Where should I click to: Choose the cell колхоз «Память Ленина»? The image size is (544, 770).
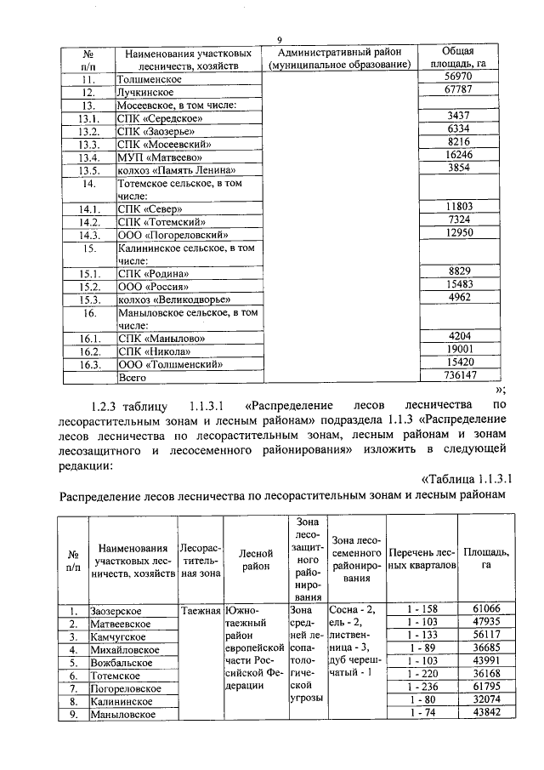click(170, 169)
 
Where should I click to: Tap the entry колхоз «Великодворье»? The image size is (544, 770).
click(173, 299)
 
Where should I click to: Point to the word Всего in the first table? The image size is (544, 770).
click(132, 377)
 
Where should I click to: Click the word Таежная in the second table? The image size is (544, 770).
click(201, 610)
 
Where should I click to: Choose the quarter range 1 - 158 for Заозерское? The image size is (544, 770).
click(422, 610)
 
